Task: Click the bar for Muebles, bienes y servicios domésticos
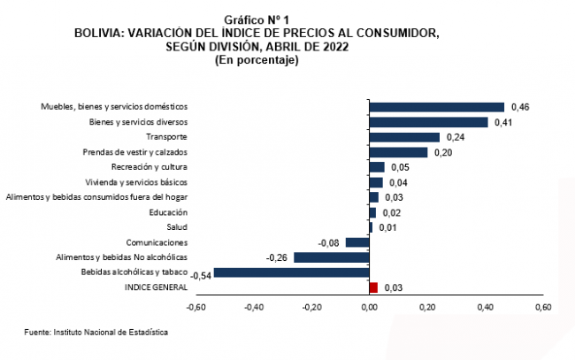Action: tap(436, 107)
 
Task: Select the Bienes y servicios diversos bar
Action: tap(428, 122)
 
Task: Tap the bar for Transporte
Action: tap(404, 137)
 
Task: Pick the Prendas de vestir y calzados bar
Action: tap(398, 152)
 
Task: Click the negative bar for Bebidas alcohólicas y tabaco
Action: tap(291, 272)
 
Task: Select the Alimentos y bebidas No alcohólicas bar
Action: tap(331, 257)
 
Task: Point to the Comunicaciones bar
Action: tap(357, 242)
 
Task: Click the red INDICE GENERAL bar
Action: tap(373, 287)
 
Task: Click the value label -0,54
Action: tap(200, 275)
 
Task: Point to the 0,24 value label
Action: tap(456, 137)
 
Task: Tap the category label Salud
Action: tap(176, 227)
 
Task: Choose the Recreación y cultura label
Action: tap(149, 167)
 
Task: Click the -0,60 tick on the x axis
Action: tap(195, 308)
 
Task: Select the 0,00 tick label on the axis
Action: tap(369, 308)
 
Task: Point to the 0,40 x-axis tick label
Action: tap(485, 308)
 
